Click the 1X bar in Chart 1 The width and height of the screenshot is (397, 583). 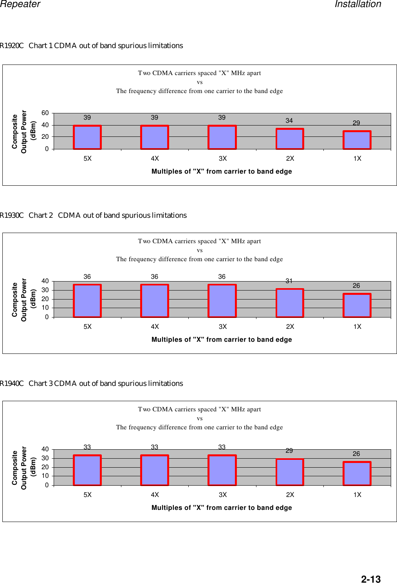(x=357, y=140)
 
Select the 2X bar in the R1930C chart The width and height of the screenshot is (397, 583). (x=290, y=303)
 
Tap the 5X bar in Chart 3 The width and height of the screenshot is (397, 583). (x=87, y=470)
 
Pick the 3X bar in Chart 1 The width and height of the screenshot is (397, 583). (x=222, y=137)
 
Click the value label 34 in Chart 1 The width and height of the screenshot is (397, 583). (x=289, y=120)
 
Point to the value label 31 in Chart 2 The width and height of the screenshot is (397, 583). (x=289, y=281)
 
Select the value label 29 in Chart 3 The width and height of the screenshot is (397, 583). (x=289, y=450)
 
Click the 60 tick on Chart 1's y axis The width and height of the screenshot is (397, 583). (x=45, y=113)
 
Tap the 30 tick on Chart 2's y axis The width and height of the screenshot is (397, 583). (x=45, y=290)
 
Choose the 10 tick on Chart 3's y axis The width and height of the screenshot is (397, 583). (x=45, y=476)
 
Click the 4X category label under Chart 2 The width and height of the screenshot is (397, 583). (x=155, y=326)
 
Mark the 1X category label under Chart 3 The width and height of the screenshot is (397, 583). (x=357, y=495)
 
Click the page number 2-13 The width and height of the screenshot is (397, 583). (x=370, y=579)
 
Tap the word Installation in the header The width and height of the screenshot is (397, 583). (x=358, y=4)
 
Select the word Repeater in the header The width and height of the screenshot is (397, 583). (x=20, y=4)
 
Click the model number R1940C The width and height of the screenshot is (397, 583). (x=12, y=384)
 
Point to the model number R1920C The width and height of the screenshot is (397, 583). (x=12, y=46)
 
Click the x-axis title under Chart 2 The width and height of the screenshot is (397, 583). (x=222, y=339)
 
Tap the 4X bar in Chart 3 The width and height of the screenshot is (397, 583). (x=155, y=470)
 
